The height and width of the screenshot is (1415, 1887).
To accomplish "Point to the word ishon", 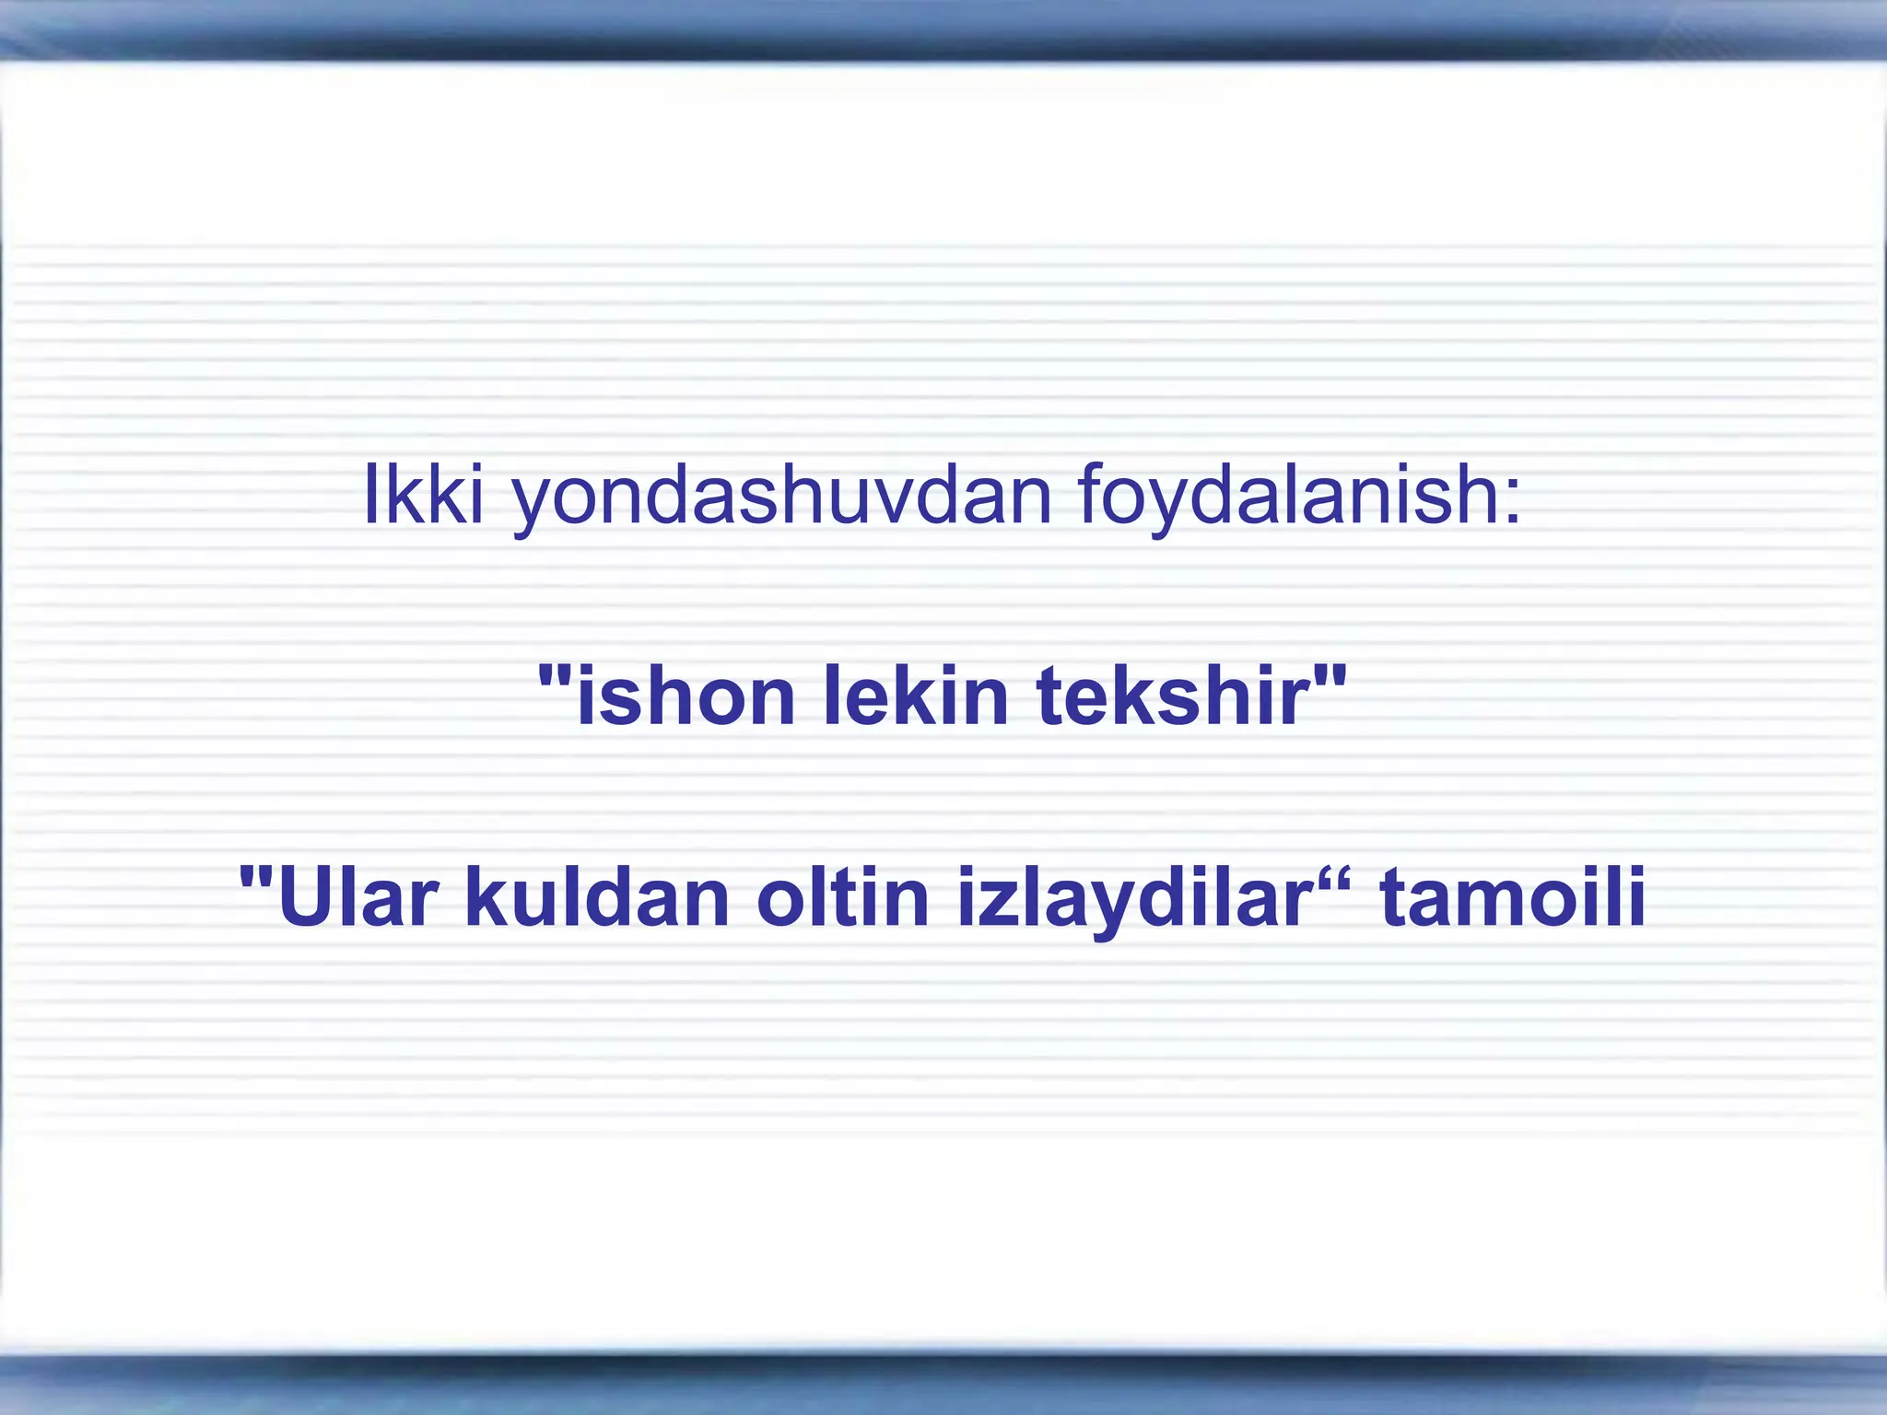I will [x=686, y=696].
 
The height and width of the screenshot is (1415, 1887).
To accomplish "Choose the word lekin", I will [x=916, y=696].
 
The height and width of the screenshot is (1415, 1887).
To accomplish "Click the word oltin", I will [x=842, y=897].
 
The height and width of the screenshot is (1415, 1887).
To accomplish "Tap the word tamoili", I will [x=1512, y=897].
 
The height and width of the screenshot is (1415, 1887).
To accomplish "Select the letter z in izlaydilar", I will [x=990, y=903].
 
